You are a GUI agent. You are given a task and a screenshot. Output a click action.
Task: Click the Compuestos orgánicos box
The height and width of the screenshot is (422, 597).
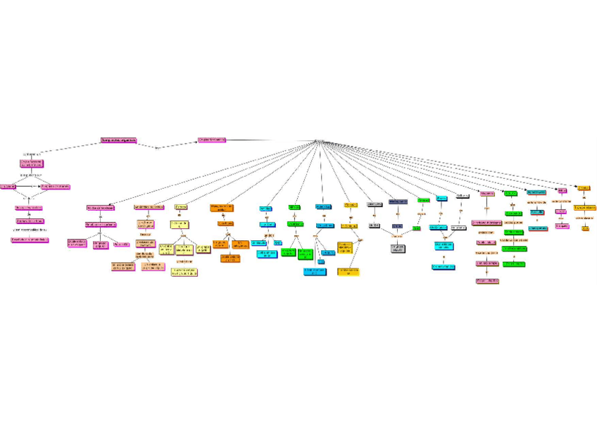click(x=118, y=140)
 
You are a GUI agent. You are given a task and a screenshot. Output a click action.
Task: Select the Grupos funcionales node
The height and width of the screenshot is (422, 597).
click(x=211, y=140)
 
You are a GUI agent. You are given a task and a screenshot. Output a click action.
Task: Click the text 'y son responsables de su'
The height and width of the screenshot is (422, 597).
click(x=30, y=230)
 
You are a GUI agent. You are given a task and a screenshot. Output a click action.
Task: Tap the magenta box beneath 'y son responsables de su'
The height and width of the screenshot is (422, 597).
click(x=30, y=240)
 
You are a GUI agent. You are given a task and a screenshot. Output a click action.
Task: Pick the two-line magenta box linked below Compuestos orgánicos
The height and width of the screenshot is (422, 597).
click(x=32, y=163)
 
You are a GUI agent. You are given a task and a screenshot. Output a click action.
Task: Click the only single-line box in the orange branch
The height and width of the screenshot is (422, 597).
click(x=225, y=223)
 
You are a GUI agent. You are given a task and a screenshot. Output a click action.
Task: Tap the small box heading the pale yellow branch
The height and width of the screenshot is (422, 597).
click(x=181, y=207)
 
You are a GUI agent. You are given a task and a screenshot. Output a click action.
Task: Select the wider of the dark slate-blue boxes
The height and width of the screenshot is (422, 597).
click(x=398, y=201)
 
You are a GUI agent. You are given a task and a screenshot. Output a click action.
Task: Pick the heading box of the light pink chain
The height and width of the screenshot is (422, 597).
click(x=487, y=193)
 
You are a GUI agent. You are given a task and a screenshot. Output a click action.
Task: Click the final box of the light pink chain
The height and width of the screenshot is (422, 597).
click(x=487, y=280)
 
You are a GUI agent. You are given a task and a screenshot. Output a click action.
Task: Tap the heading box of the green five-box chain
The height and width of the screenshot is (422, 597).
click(x=510, y=192)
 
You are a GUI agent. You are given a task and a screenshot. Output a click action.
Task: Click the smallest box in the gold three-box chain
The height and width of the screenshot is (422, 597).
click(x=585, y=228)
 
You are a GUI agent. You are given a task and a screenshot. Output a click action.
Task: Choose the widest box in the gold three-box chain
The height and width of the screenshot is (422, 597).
click(x=585, y=208)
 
